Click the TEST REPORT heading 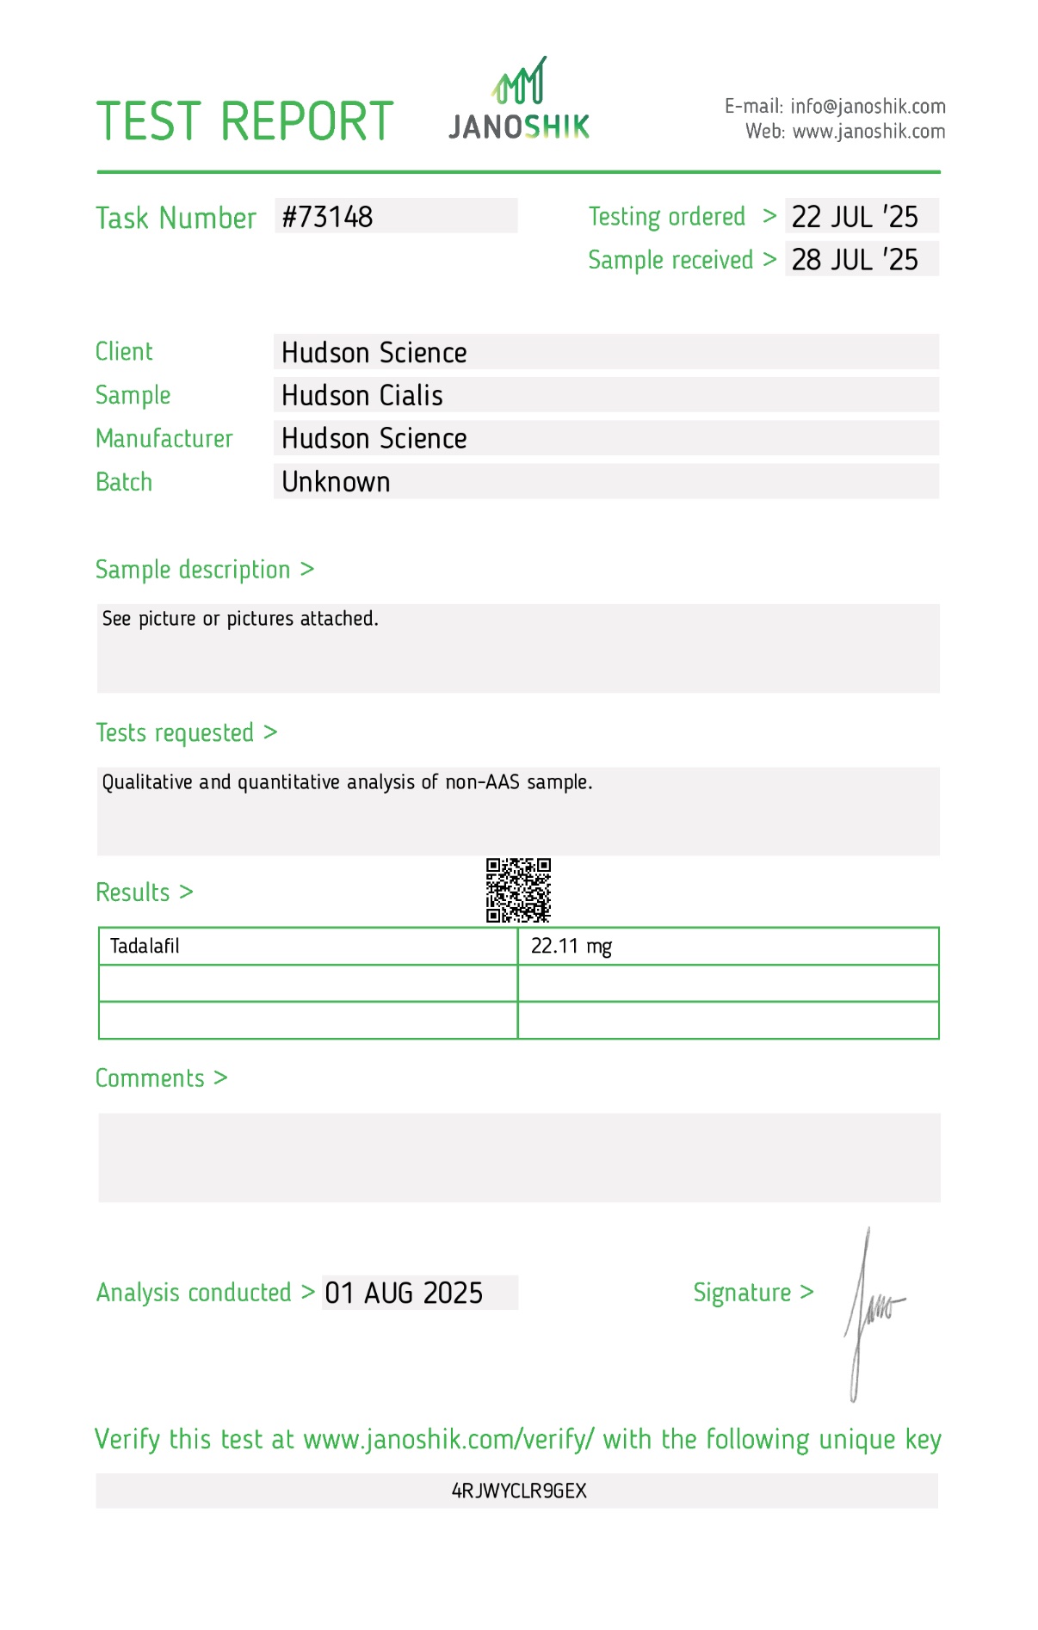click(x=244, y=121)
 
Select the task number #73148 click(x=328, y=217)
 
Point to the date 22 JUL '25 click(x=855, y=217)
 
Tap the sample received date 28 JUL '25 click(x=855, y=260)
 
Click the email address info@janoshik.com click(x=868, y=107)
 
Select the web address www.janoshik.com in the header click(x=868, y=132)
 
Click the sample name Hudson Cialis click(x=362, y=396)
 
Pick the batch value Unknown click(x=336, y=482)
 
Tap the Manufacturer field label click(x=164, y=439)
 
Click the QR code click(x=518, y=890)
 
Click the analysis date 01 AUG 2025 click(x=404, y=1294)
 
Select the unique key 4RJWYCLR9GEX click(x=519, y=1491)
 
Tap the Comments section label click(x=150, y=1078)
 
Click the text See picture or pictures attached click(x=240, y=619)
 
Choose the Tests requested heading click(x=175, y=733)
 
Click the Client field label click(x=124, y=352)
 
